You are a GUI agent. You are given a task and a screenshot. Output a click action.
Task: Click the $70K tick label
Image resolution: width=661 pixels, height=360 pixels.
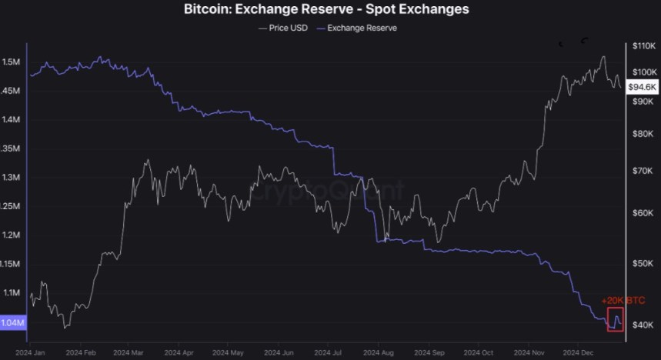[x=641, y=171]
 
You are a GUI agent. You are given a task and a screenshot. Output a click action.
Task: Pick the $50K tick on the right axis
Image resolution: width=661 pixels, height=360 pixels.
[x=641, y=263]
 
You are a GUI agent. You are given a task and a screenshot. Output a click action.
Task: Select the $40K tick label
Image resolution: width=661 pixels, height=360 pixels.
[x=641, y=325]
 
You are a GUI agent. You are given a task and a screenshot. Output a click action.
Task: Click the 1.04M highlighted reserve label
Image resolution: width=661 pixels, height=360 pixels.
[x=13, y=323]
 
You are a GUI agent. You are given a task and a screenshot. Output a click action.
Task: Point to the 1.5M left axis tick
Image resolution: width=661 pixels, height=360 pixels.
[x=12, y=62]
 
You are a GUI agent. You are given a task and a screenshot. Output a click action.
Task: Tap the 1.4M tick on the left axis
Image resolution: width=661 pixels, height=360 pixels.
[x=12, y=120]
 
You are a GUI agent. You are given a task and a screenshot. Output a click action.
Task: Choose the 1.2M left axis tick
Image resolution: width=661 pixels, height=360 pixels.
[x=12, y=235]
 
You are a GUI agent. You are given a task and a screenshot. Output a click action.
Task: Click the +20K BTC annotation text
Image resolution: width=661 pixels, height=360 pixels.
[x=623, y=299]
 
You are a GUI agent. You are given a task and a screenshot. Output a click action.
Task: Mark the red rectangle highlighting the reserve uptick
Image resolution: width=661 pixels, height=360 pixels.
[x=616, y=319]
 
